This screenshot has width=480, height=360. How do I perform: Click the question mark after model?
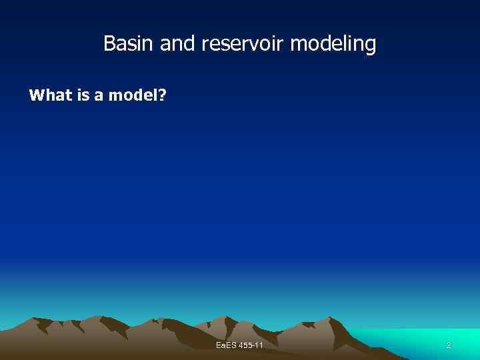163,95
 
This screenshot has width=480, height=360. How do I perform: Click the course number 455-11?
251,345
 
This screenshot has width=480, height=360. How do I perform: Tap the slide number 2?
449,345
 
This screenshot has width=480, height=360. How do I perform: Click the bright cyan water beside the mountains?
427,337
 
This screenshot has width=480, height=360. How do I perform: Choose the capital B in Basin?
109,44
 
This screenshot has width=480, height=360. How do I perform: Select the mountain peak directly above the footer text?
229,319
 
